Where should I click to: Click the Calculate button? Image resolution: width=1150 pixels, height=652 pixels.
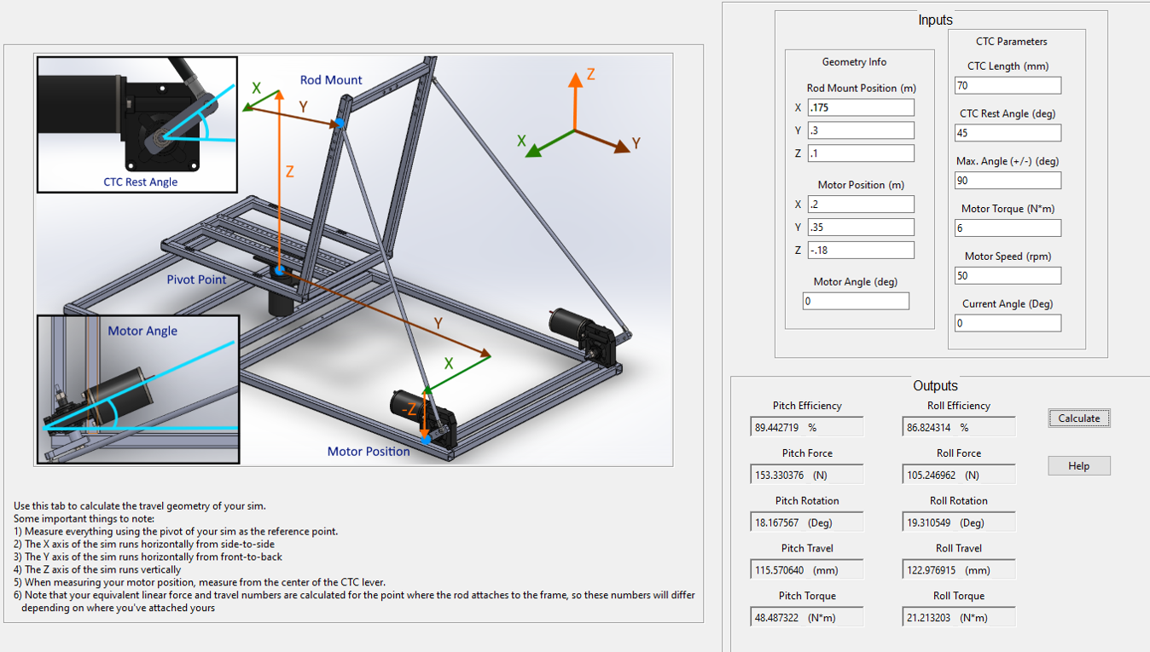coord(1078,418)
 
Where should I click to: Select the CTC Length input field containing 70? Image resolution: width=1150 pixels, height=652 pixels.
coord(1008,86)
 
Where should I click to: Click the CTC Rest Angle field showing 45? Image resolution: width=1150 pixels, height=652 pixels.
coord(1008,133)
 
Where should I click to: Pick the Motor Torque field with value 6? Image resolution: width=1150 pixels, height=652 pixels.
coord(1008,228)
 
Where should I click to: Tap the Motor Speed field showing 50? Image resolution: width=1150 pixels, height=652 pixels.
coord(1008,275)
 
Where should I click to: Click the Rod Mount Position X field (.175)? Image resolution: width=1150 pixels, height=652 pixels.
coord(861,107)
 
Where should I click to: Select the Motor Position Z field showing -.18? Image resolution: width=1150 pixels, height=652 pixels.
coord(861,251)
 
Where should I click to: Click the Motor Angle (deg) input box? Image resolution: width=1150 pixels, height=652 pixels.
coord(856,301)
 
